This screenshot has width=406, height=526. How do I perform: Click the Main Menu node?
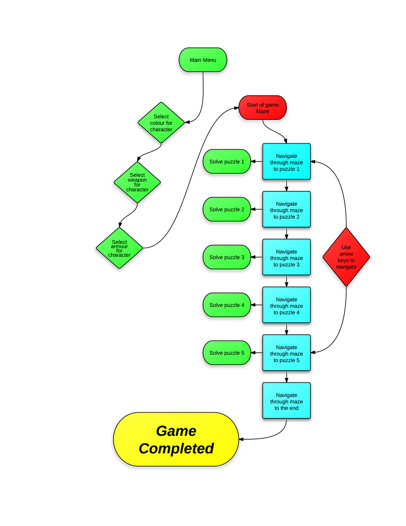coord(203,60)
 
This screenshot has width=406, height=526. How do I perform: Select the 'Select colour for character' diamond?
coord(161,123)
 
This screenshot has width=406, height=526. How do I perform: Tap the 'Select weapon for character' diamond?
coord(137,182)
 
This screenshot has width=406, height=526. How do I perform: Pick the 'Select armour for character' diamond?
coord(119,248)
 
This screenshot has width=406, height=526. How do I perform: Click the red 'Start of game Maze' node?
coord(262,108)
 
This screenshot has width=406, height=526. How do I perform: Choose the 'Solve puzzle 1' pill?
coord(227,161)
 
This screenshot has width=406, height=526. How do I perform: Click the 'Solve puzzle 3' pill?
coord(227,257)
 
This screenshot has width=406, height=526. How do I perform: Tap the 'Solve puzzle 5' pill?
coord(227,353)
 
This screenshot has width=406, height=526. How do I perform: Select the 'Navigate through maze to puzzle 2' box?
coord(286,209)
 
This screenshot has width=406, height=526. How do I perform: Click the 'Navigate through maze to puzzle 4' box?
coord(286,305)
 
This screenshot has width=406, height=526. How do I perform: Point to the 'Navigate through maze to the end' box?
coord(286,401)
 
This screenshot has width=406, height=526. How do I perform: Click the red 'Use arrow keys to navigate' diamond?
coord(346,257)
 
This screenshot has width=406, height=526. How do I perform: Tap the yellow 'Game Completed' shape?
coord(176,439)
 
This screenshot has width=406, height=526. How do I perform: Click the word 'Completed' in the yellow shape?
coord(176,448)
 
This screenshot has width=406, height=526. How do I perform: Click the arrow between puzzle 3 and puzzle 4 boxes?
coord(286,281)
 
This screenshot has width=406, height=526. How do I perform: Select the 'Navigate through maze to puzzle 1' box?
coord(286,161)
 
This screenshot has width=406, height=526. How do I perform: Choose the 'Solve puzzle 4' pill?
coord(227,305)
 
